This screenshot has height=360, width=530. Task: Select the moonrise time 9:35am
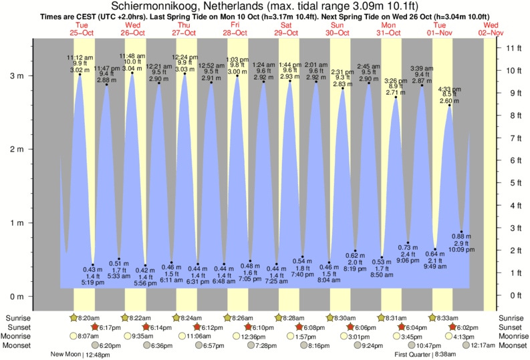[x=144, y=337]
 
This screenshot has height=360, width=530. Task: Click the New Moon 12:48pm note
[x=82, y=355]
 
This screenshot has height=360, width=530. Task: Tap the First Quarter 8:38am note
[x=426, y=355]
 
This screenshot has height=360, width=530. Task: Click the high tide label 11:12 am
[x=79, y=57]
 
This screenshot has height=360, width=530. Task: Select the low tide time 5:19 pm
[x=92, y=283]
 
